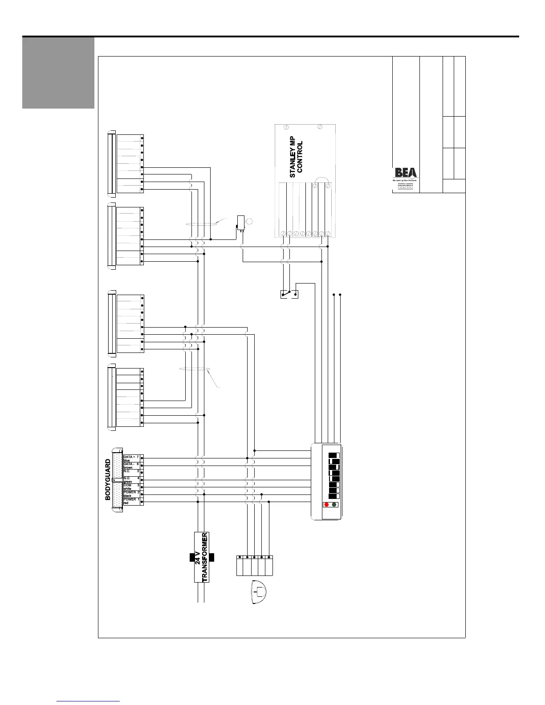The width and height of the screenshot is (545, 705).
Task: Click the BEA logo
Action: coord(406,173)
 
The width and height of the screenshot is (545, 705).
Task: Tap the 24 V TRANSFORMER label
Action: coord(201,557)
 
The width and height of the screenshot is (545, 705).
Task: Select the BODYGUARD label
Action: coord(108,480)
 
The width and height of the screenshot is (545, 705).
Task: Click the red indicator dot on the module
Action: coord(326,504)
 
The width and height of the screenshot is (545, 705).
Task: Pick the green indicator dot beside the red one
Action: coord(334,504)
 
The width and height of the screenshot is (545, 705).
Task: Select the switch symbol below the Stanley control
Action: coord(289,294)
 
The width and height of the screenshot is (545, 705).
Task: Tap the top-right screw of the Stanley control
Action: coord(320,127)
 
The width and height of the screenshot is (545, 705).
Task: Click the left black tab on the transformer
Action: coord(192,557)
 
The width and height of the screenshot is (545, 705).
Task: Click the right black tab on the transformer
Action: coord(211,557)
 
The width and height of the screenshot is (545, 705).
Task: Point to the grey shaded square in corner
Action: coord(58,73)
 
